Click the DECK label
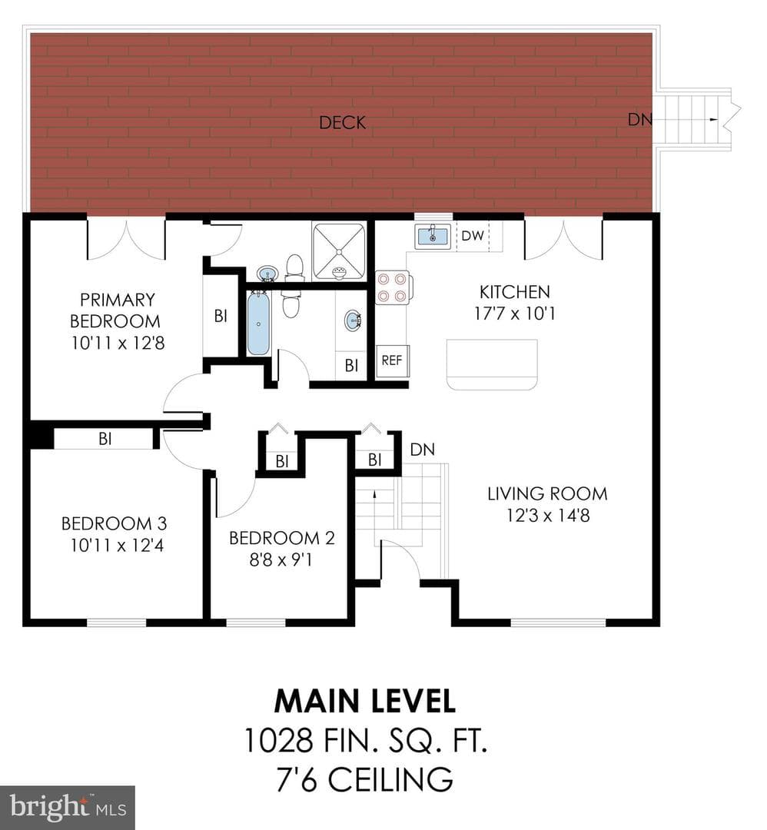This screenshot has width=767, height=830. (343, 123)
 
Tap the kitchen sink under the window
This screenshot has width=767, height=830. (433, 236)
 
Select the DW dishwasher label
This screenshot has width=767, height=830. (473, 236)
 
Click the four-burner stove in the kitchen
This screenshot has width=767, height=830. (392, 287)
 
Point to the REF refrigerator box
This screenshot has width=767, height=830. (392, 360)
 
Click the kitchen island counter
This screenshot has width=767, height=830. (492, 364)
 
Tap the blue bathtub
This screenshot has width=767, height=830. (259, 322)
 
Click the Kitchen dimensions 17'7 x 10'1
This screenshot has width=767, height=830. (514, 314)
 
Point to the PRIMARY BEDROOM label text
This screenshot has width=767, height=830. (117, 310)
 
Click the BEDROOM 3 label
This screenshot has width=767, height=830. (115, 523)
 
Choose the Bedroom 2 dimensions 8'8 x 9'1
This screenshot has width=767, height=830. (281, 559)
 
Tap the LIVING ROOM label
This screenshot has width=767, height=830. (547, 494)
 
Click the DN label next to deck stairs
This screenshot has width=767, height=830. (640, 120)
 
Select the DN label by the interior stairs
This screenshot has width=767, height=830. (423, 450)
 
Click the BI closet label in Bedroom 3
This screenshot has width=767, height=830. (105, 439)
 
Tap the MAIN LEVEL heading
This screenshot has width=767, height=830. (365, 701)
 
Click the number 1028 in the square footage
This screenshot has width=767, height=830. (278, 740)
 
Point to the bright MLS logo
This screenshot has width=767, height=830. (67, 808)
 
